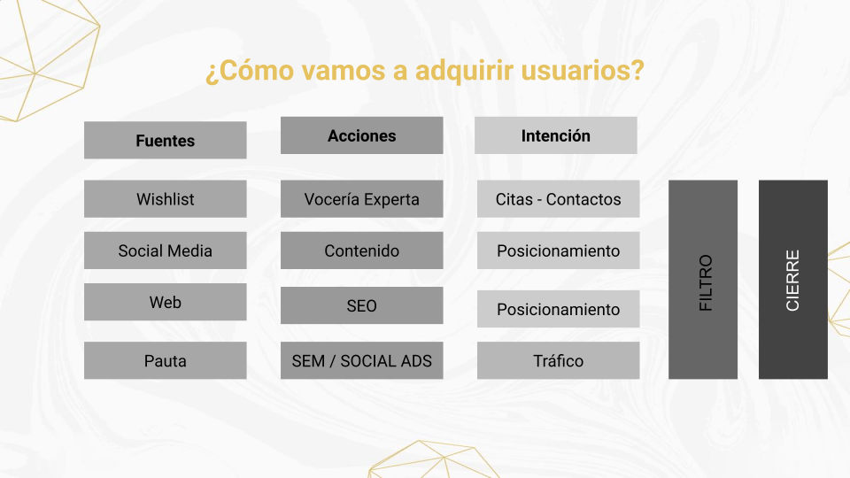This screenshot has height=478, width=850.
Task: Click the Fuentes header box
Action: tap(166, 141)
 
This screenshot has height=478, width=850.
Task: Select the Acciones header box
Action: tap(361, 135)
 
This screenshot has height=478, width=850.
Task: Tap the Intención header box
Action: tap(556, 135)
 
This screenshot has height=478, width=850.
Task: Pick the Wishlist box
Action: tap(166, 199)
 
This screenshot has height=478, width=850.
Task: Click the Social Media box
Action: tap(166, 251)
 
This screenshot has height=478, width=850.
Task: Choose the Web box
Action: tap(166, 302)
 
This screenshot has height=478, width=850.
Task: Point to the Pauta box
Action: tap(166, 360)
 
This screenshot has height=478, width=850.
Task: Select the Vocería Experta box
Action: tap(361, 199)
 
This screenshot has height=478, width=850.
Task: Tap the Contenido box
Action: tap(361, 251)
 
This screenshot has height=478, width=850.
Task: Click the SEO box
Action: tap(361, 305)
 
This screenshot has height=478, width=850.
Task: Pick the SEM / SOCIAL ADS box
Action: tap(361, 360)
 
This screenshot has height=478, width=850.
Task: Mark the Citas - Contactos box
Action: tap(559, 199)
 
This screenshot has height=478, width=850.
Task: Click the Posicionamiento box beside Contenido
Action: tap(559, 251)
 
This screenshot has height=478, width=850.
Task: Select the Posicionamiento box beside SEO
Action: tap(559, 309)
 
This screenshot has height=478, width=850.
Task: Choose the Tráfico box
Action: tap(559, 360)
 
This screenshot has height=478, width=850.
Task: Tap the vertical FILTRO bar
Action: tap(703, 280)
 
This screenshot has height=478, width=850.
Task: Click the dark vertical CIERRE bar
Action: tap(793, 280)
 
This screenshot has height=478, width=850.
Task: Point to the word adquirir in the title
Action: tap(464, 71)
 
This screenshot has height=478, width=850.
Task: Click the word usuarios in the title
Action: tap(583, 71)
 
